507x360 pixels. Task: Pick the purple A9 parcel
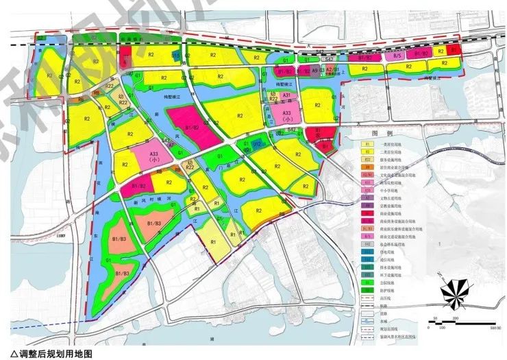[314, 71]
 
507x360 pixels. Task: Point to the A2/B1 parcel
[332, 71]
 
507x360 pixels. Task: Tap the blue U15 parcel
[176, 55]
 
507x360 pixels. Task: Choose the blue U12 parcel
[256, 143]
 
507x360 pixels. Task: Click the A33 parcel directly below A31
[287, 114]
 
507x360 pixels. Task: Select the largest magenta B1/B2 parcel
[189, 123]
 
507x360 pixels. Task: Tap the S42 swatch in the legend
[366, 243]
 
